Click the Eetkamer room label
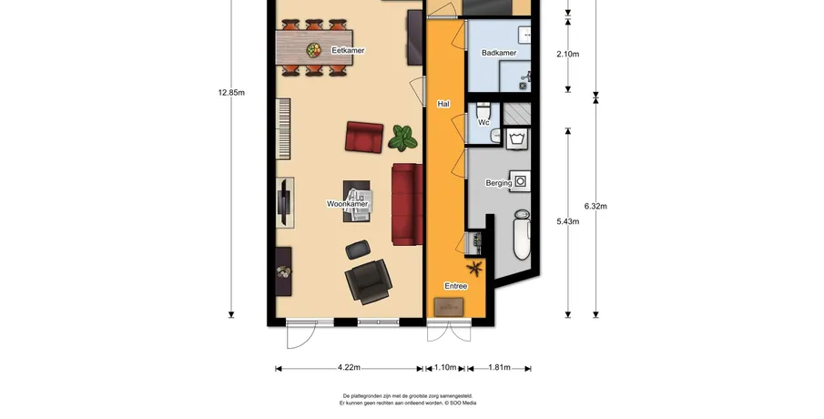pyautogui.click(x=348, y=50)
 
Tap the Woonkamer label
pyautogui.click(x=348, y=204)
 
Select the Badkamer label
pyautogui.click(x=499, y=53)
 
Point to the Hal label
pyautogui.click(x=443, y=104)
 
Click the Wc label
pyautogui.click(x=483, y=122)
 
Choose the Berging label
pyautogui.click(x=499, y=183)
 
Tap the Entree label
pyautogui.click(x=455, y=286)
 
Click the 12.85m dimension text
pyautogui.click(x=231, y=93)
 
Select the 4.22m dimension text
pyautogui.click(x=349, y=367)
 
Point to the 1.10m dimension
pyautogui.click(x=445, y=367)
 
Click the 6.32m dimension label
pyautogui.click(x=595, y=206)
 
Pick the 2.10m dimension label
pyautogui.click(x=568, y=54)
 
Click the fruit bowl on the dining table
pyautogui.click(x=314, y=50)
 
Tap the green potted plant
pyautogui.click(x=402, y=138)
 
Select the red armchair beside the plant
pyautogui.click(x=364, y=138)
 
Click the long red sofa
pyautogui.click(x=408, y=205)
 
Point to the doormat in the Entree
pyautogui.click(x=449, y=305)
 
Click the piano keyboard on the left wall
pyautogui.click(x=283, y=128)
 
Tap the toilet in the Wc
pyautogui.click(x=483, y=111)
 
